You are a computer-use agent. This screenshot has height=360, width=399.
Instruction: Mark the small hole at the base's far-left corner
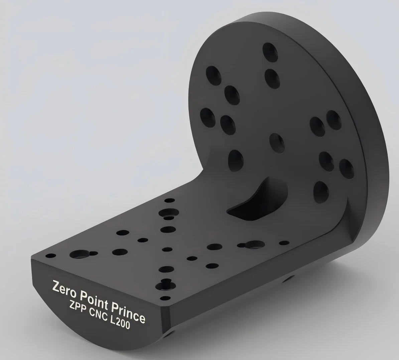point(51,256)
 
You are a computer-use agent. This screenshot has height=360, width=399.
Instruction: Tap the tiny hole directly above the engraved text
point(165,298)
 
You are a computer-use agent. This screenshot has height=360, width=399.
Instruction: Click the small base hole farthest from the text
point(170,200)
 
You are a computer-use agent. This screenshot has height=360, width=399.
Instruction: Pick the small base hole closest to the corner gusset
point(284,243)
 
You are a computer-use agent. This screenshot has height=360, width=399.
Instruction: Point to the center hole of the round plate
point(277,142)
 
